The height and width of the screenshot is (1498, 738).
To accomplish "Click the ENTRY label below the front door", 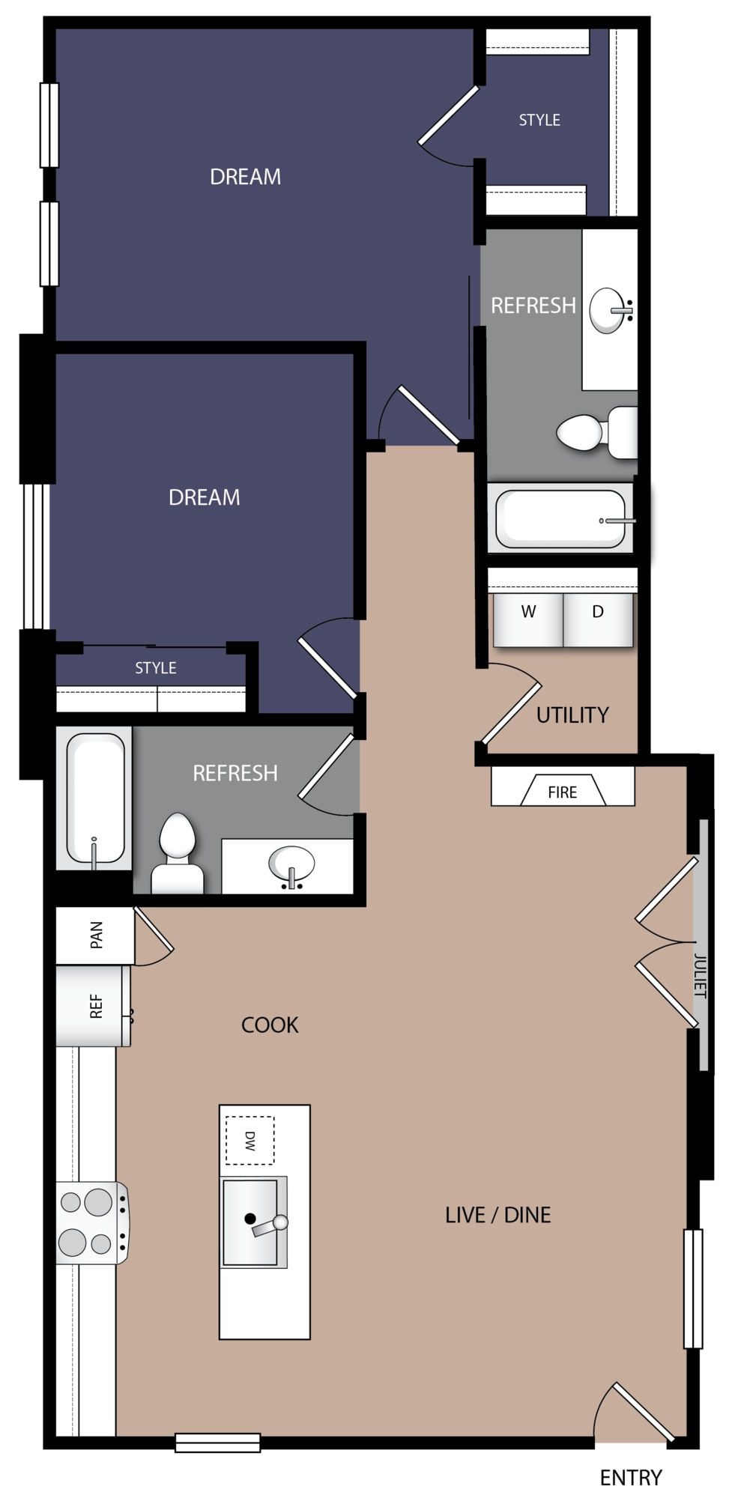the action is coord(631,1477).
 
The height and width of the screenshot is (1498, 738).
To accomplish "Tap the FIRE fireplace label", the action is coord(562,792).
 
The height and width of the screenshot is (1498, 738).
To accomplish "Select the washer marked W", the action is coord(527,619).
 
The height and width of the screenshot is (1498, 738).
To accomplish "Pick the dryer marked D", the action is coord(598,619).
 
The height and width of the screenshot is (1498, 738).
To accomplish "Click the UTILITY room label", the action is coord(572,715).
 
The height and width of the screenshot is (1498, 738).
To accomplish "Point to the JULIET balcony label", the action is coord(700,975).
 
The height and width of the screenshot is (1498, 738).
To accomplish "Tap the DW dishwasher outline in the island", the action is coord(249,1141).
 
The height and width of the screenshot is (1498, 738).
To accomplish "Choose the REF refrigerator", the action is coord(94,1006).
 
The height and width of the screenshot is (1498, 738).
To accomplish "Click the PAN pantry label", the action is coord(97,935).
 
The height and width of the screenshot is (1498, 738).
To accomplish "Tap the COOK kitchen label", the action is coord(270,1025).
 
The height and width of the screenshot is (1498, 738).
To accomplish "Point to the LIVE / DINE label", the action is coord(497,1215).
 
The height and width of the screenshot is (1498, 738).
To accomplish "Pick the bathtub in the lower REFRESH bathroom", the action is coord(95,798).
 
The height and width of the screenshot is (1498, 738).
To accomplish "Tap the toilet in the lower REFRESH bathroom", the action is coord(178,854).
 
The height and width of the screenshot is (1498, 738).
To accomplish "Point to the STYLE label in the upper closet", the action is coord(539,120).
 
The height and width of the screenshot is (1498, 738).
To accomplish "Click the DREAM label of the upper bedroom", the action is coord(245,177).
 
